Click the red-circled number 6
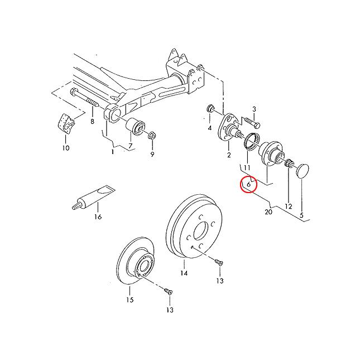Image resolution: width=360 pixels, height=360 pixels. click(248, 184)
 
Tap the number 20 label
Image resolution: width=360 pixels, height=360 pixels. click(268, 212)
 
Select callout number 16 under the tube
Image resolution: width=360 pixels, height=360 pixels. click(98, 217)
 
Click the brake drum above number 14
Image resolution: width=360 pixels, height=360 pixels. click(194, 227)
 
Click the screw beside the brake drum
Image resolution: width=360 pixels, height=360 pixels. click(219, 262)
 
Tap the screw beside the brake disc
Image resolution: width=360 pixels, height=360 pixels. click(169, 291)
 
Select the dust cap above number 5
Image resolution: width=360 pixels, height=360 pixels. click(303, 171)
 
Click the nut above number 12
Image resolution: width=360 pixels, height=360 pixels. click(289, 163)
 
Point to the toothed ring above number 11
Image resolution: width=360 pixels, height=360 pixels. click(252, 141)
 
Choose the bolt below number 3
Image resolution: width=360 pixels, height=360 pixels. click(252, 122)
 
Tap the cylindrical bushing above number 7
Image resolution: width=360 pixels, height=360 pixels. click(136, 127)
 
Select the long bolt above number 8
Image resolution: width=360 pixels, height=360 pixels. click(84, 98)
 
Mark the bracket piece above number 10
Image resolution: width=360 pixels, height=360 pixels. click(66, 123)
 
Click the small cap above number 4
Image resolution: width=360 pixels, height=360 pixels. click(210, 108)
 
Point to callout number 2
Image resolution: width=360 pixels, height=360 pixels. click(229, 155)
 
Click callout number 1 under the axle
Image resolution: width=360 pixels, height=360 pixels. click(113, 152)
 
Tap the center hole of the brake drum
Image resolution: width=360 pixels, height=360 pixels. click(201, 232)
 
